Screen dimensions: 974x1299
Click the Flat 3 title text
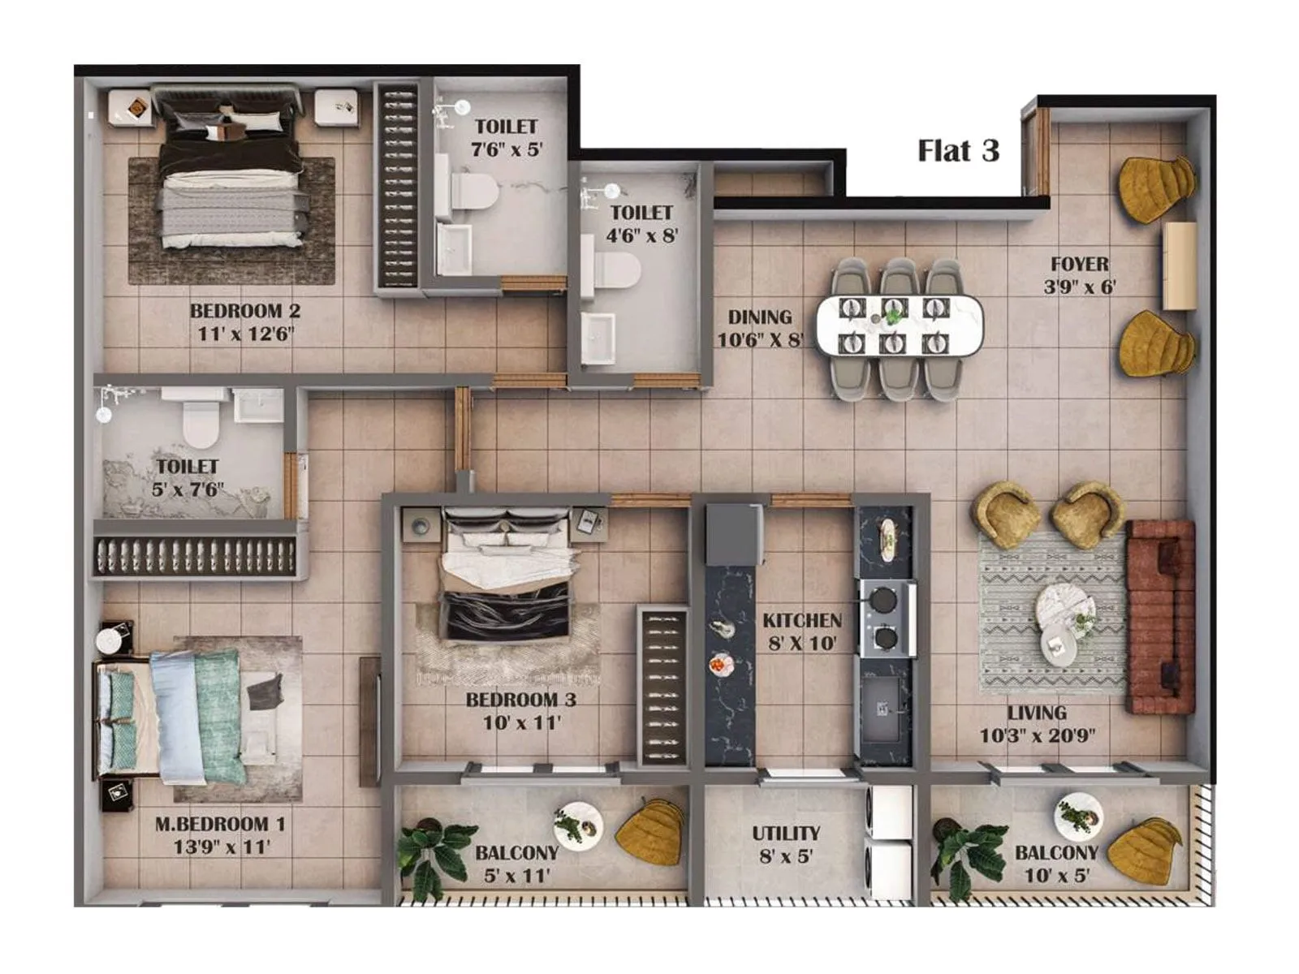click(x=958, y=151)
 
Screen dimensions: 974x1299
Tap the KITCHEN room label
click(x=802, y=621)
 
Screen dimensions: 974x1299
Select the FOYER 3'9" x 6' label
click(x=1079, y=275)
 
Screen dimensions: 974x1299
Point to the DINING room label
click(x=759, y=317)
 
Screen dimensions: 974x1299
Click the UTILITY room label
click(x=785, y=834)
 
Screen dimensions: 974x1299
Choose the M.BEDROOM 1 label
click(x=220, y=824)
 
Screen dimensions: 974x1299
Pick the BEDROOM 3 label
click(x=522, y=700)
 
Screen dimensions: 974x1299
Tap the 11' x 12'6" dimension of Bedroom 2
click(x=245, y=334)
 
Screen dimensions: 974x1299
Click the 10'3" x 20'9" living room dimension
click(x=1037, y=736)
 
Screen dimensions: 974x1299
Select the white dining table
click(x=899, y=326)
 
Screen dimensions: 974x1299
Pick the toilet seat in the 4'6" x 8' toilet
click(x=616, y=270)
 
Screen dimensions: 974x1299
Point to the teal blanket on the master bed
click(x=217, y=714)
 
